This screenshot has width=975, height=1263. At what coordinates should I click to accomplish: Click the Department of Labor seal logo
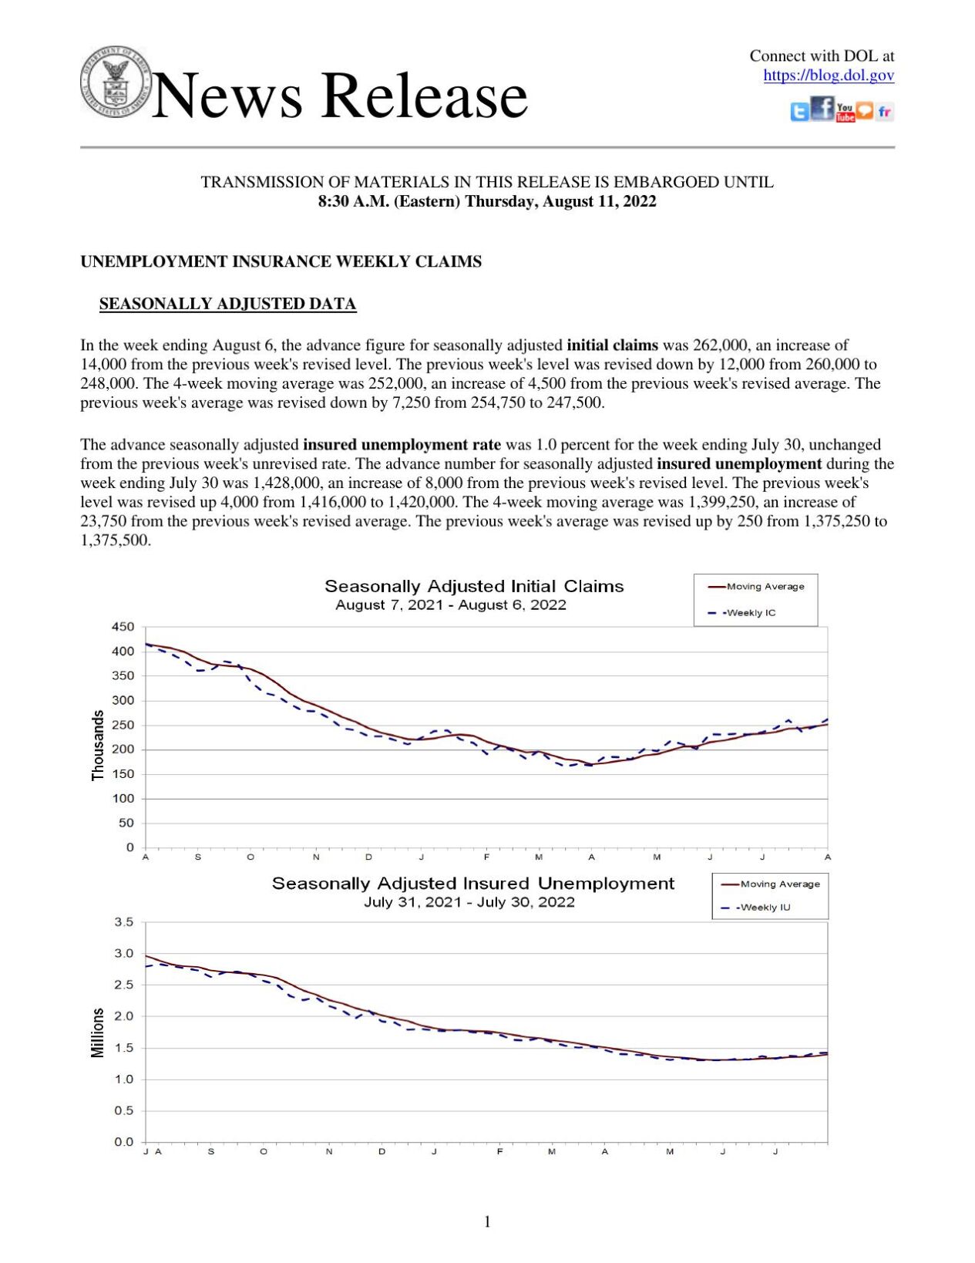point(115,81)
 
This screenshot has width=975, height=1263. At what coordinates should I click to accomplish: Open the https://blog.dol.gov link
point(828,76)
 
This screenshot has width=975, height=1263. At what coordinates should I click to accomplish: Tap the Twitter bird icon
point(799,112)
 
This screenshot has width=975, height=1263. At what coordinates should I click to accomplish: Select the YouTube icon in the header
point(845,113)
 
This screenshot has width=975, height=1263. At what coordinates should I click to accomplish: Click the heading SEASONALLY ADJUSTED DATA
point(227,304)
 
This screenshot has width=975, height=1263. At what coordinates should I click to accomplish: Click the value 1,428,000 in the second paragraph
point(285,483)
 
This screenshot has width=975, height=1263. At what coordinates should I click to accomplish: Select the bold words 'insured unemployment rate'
point(402,445)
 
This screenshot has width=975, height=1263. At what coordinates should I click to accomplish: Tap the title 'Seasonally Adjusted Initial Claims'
point(474,586)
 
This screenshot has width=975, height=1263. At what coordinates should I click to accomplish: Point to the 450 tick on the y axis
point(123,627)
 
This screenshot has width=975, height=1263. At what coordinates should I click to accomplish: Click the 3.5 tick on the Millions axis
point(123,922)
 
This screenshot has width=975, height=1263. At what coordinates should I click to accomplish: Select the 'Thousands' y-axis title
point(98,745)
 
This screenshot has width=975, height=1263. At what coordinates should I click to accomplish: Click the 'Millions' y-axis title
point(98,1032)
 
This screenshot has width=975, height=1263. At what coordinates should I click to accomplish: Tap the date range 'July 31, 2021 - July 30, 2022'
point(469,902)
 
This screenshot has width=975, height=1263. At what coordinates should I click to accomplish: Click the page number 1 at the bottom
point(487,1221)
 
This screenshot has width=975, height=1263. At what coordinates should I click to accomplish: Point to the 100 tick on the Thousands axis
point(123,799)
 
